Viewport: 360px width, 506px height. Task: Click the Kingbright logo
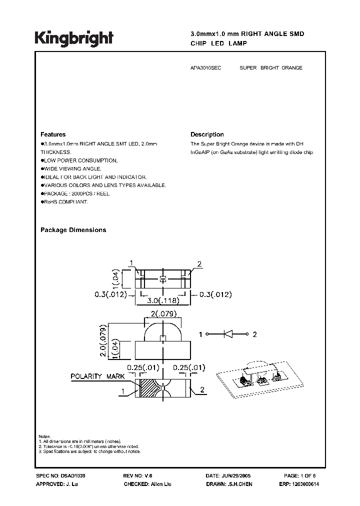click(74, 38)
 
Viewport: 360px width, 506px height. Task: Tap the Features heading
click(52, 134)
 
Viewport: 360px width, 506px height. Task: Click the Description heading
click(207, 134)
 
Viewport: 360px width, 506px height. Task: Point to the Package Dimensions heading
click(73, 230)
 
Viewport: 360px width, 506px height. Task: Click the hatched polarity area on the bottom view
click(148, 388)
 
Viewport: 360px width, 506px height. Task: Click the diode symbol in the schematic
click(230, 334)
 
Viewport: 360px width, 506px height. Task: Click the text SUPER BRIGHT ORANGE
click(270, 68)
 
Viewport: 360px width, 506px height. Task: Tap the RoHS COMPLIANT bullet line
click(65, 201)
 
